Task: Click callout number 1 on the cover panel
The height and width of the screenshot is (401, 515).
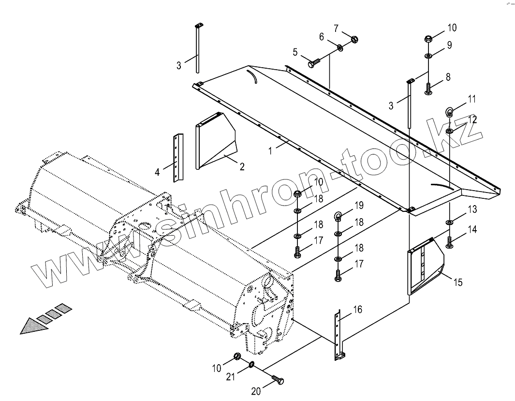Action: click(x=271, y=150)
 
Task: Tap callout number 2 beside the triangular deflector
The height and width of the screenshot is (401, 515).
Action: click(x=242, y=167)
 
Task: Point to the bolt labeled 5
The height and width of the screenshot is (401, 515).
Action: click(x=313, y=63)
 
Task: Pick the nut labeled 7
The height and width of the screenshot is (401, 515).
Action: click(x=354, y=38)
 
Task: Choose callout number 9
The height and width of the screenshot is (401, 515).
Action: click(x=449, y=45)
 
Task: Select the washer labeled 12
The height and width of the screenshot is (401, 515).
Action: click(x=450, y=131)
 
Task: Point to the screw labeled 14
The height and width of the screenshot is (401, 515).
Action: click(x=450, y=242)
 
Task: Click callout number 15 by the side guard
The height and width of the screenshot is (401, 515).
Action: click(x=457, y=282)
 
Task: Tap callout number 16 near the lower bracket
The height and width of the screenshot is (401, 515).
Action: click(x=357, y=310)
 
